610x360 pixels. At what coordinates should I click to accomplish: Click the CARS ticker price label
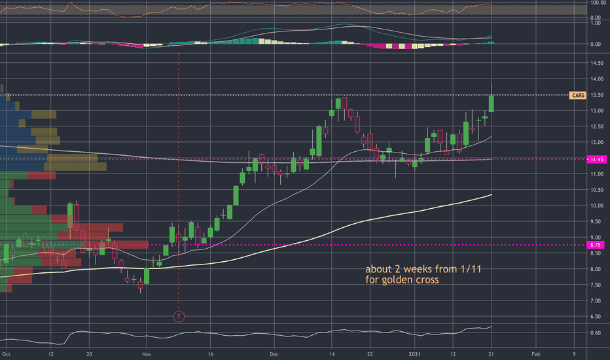pos(578,96)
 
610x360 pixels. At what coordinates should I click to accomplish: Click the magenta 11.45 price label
pos(596,159)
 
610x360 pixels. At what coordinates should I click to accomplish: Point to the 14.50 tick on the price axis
pos(595,63)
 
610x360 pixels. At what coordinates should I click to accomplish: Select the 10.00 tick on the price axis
pos(595,206)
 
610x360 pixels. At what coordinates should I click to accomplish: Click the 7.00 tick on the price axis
pos(595,301)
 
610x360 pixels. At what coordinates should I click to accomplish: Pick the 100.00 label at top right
pos(596,2)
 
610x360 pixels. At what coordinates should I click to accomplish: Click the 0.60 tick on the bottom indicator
pos(595,333)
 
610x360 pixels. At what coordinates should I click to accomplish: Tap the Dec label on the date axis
pos(274,353)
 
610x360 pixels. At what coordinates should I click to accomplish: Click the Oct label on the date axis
pos(6,353)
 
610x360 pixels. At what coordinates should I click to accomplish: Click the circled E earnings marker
pos(179,317)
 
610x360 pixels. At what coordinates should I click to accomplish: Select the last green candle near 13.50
pos(492,103)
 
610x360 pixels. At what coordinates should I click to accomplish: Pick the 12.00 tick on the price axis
pos(595,143)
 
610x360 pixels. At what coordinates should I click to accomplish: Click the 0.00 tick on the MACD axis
pos(596,44)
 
